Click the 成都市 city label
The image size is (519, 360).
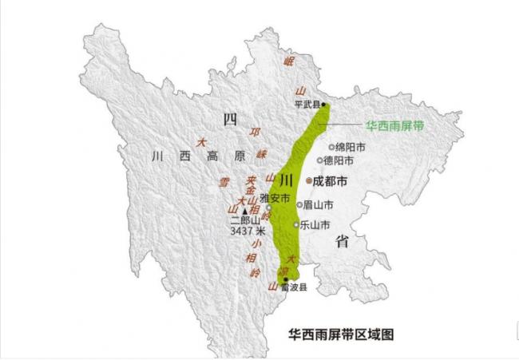pyautogui.click(x=331, y=182)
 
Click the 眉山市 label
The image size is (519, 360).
pyautogui.click(x=318, y=204)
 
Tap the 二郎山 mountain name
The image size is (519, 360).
pyautogui.click(x=246, y=220)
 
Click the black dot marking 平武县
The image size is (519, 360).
pyautogui.click(x=323, y=105)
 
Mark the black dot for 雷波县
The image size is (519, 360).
pyautogui.click(x=286, y=279)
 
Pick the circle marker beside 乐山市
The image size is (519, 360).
pyautogui.click(x=296, y=225)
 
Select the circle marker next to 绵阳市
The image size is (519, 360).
pyautogui.click(x=332, y=147)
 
